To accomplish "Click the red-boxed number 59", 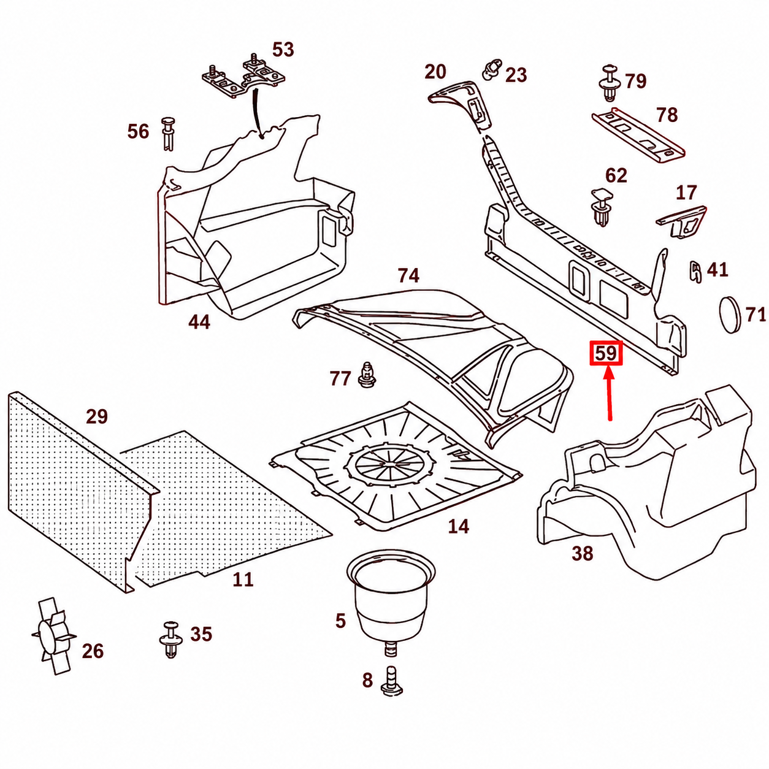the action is pyautogui.click(x=606, y=353).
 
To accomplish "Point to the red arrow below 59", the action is pyautogui.click(x=610, y=394).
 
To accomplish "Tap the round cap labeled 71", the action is pyautogui.click(x=730, y=315).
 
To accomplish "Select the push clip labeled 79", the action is pyautogui.click(x=608, y=83).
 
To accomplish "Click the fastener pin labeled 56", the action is pyautogui.click(x=168, y=134).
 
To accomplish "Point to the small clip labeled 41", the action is pyautogui.click(x=696, y=272).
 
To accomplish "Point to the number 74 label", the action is pyautogui.click(x=408, y=276).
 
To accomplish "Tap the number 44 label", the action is pyautogui.click(x=199, y=322).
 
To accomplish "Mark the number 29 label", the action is pyautogui.click(x=97, y=416).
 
